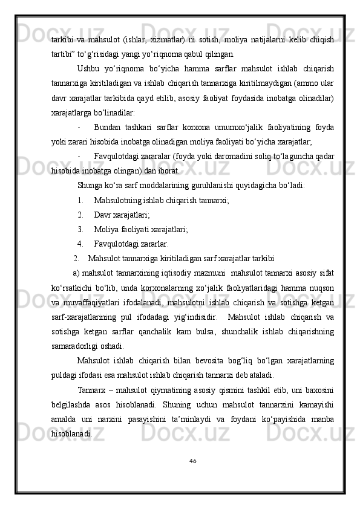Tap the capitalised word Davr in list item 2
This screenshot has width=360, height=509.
pyautogui.click(x=103, y=215)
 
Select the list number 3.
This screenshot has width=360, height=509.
pyautogui.click(x=80, y=229)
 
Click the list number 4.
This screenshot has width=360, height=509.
pyautogui.click(x=80, y=244)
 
